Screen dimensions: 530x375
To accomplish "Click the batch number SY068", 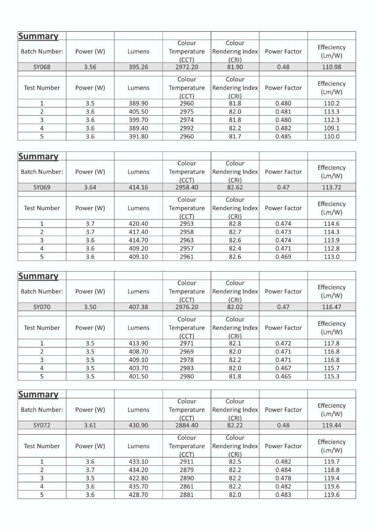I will pos(42,67).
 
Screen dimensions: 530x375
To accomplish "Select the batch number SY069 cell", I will pos(42,187).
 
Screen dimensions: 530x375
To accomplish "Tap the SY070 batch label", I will pos(42,307).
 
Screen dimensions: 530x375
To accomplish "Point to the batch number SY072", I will pos(42,425).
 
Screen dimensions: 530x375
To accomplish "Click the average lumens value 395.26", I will pos(138,67).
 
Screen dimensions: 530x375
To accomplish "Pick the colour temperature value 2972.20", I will pos(187,67).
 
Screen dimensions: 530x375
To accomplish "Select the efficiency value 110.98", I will pos(331,67).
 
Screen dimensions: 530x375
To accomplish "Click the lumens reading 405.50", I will pos(138,112).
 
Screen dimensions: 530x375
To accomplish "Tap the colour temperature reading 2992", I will pos(187,128).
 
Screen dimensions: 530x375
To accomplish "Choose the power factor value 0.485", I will pos(283,136).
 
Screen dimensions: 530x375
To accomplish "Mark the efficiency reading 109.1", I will pos(331,128).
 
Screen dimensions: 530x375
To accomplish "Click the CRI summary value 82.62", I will pos(235,187).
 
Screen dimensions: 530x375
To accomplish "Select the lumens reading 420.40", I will pos(138,223).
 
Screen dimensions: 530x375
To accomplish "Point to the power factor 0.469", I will pos(283,257).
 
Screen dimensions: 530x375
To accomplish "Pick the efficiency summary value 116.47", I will pos(331,307).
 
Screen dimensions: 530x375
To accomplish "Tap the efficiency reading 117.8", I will pos(331,343).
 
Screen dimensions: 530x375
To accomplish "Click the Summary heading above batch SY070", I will pos(38,276).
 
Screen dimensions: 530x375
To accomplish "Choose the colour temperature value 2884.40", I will pos(187,425).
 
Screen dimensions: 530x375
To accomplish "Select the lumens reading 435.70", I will pos(138,486).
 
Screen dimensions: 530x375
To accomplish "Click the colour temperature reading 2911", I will pos(187,462).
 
